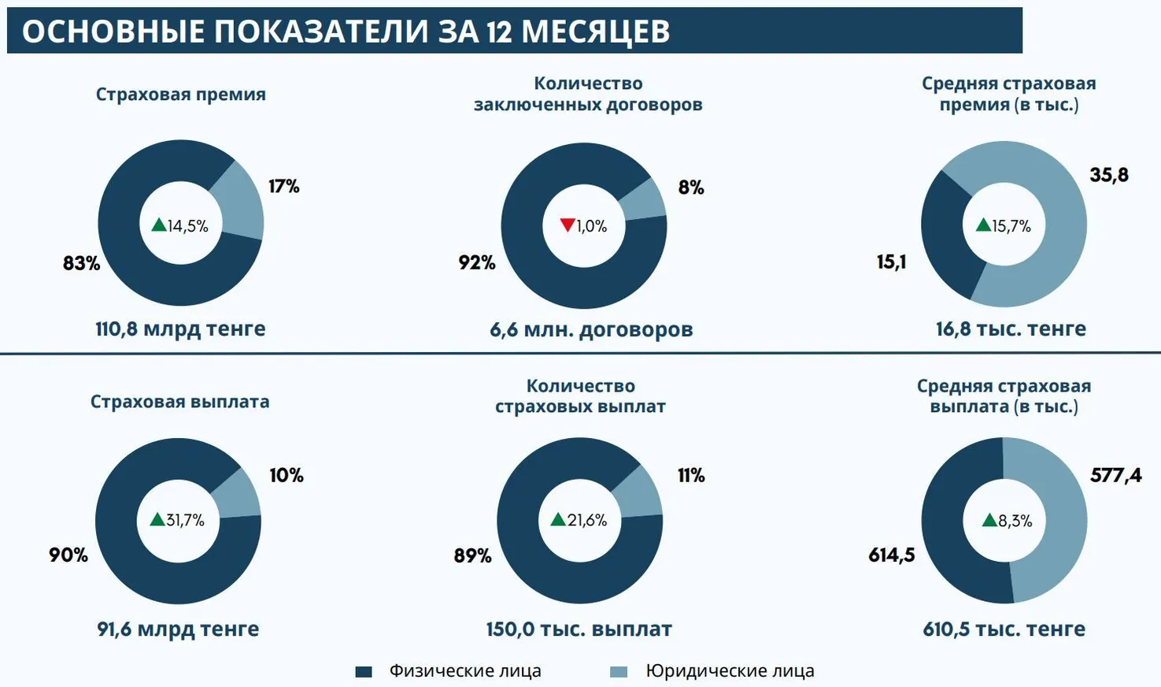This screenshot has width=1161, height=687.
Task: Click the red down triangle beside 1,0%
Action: pyautogui.click(x=568, y=225)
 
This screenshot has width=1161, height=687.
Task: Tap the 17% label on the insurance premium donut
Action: pyautogui.click(x=283, y=186)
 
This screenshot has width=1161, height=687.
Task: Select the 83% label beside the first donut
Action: pyautogui.click(x=82, y=263)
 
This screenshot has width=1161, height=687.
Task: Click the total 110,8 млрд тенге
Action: pyautogui.click(x=180, y=329)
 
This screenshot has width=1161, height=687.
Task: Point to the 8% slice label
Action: pyautogui.click(x=691, y=188)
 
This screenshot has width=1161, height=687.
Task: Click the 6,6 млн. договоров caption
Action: pyautogui.click(x=591, y=329)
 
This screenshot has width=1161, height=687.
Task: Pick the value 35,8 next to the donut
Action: pyautogui.click(x=1109, y=175)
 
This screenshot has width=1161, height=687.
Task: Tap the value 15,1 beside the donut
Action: pyautogui.click(x=892, y=262)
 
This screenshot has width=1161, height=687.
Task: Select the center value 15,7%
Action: pyautogui.click(x=1011, y=226)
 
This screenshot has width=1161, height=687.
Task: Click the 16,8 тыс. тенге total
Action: pyautogui.click(x=1011, y=329)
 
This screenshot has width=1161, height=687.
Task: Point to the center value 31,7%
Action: pyautogui.click(x=185, y=520)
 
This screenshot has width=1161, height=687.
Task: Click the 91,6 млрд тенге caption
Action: pyautogui.click(x=178, y=629)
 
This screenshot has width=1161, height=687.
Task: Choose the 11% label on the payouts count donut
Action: pyautogui.click(x=691, y=475)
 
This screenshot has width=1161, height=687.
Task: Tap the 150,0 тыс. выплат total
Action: pyautogui.click(x=579, y=629)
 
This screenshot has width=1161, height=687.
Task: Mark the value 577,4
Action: pyautogui.click(x=1115, y=475)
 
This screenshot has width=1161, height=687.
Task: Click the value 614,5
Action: pyautogui.click(x=892, y=555)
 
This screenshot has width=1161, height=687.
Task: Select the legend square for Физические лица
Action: pyautogui.click(x=364, y=672)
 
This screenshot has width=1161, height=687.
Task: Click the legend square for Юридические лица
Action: pyautogui.click(x=619, y=672)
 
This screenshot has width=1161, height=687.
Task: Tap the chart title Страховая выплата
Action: pyautogui.click(x=179, y=402)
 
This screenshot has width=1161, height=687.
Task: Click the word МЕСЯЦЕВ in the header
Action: pyautogui.click(x=595, y=32)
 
